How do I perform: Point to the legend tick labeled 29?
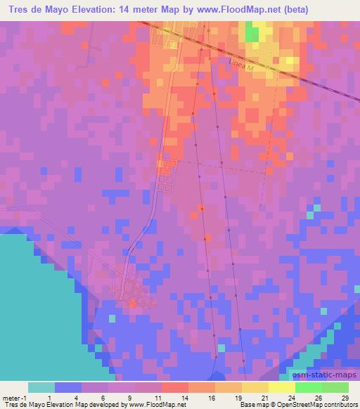pyautogui.click(x=344, y=397)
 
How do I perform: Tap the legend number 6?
pyautogui.click(x=104, y=397)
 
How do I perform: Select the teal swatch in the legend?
pyautogui.click(x=41, y=387)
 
